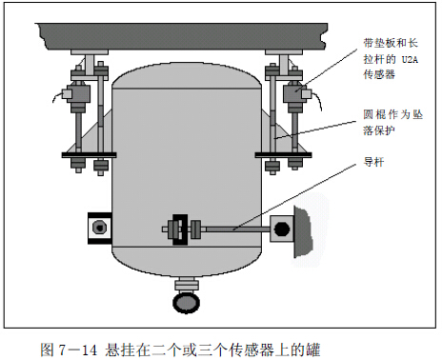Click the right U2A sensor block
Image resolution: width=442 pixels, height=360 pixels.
pyautogui.click(x=289, y=95)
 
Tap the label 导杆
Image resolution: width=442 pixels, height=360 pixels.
pyautogui.click(x=373, y=162)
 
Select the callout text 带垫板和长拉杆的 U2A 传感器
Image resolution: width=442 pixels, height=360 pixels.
pyautogui.click(x=386, y=58)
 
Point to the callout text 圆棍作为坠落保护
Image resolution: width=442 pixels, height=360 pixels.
pyautogui.click(x=392, y=119)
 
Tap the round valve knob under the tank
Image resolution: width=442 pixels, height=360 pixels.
pyautogui.click(x=185, y=302)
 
